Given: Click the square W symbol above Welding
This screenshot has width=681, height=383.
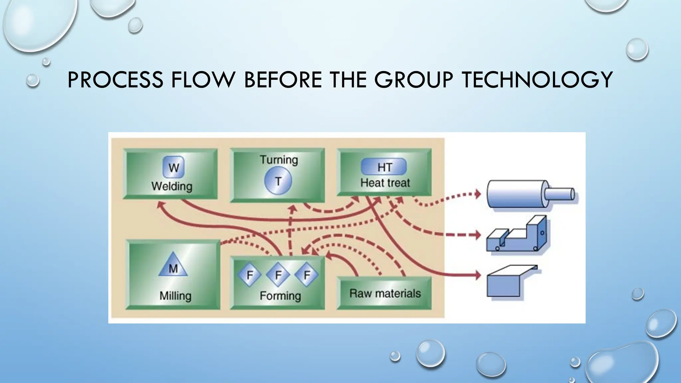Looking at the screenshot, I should tap(173, 167).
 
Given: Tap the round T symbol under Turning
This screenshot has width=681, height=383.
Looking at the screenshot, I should tap(278, 181).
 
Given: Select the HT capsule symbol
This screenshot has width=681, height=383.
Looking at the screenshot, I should tap(384, 167).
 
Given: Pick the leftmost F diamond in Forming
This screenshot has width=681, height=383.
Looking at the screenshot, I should tap(249, 275).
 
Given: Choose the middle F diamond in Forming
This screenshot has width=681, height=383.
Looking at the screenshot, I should tap(278, 275).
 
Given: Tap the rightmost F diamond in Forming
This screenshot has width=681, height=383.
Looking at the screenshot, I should tap(307, 275).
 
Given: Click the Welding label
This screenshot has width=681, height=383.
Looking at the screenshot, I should tap(172, 186).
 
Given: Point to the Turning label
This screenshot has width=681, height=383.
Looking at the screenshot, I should tap(279, 160).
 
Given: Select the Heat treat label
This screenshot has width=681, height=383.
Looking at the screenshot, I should tap(385, 183).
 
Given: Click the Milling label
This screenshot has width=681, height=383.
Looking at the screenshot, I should tap(175, 296).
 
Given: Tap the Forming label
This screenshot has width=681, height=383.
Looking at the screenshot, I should tap(280, 296).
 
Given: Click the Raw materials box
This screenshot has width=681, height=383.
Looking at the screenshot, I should tap(385, 293).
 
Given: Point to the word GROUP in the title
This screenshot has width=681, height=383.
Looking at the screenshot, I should tap(413, 80).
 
